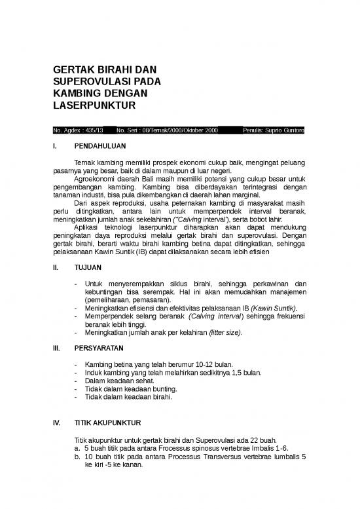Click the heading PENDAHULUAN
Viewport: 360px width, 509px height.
[x=98, y=146]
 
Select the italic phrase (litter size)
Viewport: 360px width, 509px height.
[x=225, y=333]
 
